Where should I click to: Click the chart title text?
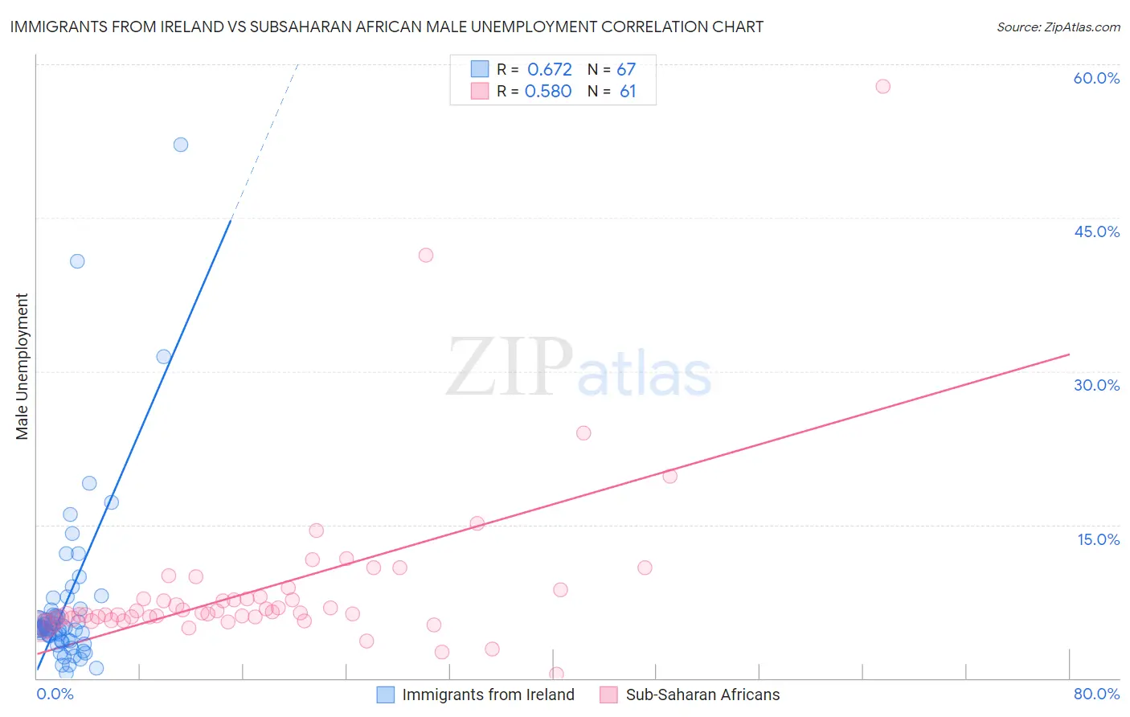click(387, 27)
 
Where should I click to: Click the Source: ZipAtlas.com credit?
click(1058, 27)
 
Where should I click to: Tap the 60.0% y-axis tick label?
click(1096, 78)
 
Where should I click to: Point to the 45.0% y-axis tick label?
click(1096, 231)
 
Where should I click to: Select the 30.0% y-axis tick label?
click(1096, 385)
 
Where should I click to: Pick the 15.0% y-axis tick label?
click(1098, 539)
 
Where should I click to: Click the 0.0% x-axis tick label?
click(55, 694)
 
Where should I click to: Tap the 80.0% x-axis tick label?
click(1096, 694)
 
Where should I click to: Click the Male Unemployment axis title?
click(22, 367)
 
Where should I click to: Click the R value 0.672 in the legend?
click(550, 69)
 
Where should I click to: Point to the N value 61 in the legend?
click(628, 92)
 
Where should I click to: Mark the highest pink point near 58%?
click(882, 86)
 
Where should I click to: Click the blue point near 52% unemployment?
click(181, 145)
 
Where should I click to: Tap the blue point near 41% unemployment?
click(77, 261)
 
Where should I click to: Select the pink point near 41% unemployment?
click(426, 255)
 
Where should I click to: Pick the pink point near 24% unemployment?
click(583, 433)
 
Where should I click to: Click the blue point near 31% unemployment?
click(164, 357)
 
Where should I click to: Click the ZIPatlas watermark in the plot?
click(579, 367)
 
